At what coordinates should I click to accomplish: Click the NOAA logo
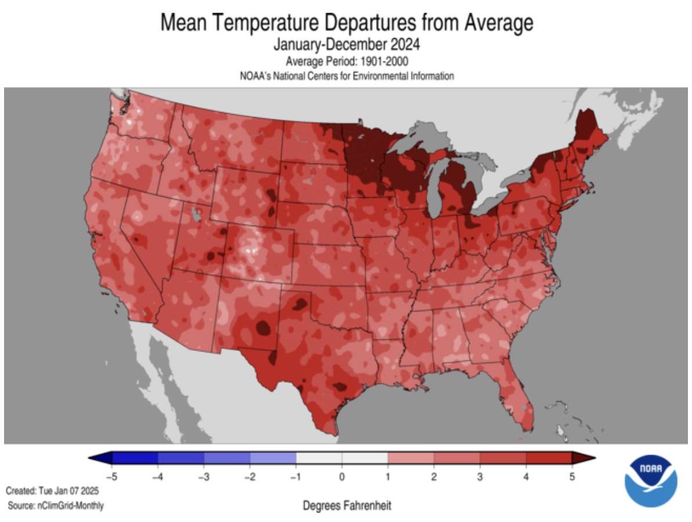(x=650, y=481)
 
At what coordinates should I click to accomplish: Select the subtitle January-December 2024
(x=346, y=44)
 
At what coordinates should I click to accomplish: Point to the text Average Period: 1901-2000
(x=346, y=61)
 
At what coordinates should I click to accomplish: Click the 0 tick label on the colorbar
(x=342, y=477)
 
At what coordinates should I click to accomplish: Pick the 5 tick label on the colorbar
(x=571, y=477)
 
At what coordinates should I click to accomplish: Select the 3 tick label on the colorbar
(x=480, y=477)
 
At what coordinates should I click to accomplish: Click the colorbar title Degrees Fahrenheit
(x=347, y=506)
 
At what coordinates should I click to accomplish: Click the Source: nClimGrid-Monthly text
(x=56, y=506)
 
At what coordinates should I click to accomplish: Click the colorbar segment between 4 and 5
(x=549, y=458)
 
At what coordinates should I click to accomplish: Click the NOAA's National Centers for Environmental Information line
(x=346, y=76)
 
